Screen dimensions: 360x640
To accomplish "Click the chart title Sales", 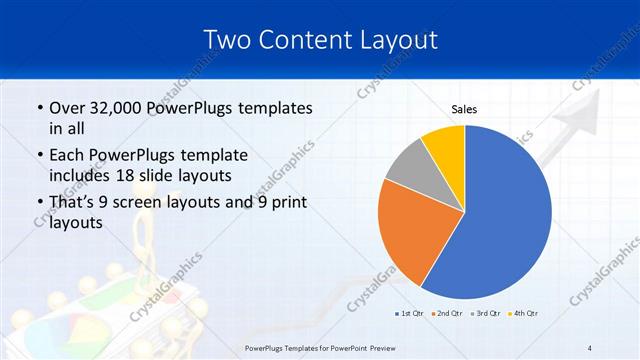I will click(464, 109).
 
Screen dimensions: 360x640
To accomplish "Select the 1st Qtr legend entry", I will click(410, 314).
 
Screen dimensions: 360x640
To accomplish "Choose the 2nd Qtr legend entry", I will click(446, 314).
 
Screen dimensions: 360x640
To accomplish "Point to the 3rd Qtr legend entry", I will click(486, 314).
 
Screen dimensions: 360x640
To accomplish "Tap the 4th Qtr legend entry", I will click(523, 314).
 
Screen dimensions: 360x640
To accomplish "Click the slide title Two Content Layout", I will click(319, 40).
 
